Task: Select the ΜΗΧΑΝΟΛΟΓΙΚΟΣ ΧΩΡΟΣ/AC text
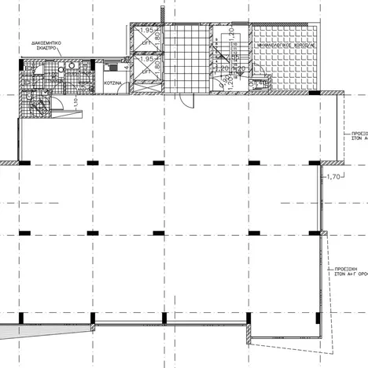click(285, 46)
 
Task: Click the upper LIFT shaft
click(147, 38)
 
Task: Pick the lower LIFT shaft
click(147, 68)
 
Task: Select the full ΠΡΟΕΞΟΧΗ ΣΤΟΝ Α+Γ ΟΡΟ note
click(348, 272)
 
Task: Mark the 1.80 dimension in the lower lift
click(157, 68)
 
